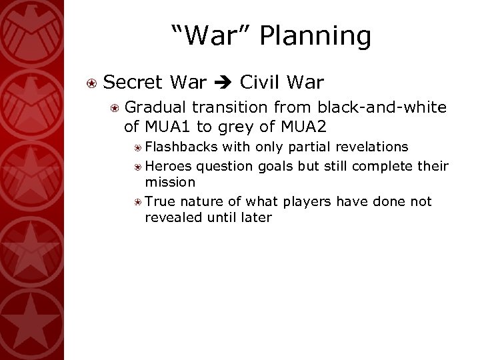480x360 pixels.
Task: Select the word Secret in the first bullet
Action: [x=135, y=83]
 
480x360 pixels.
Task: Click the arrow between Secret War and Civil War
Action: [x=219, y=83]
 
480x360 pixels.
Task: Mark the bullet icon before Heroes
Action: [x=137, y=165]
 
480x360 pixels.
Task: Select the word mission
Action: [x=170, y=181]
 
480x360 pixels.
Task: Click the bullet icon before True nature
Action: [x=137, y=201]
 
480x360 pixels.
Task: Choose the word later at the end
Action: [x=255, y=217]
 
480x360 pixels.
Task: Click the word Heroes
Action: [x=167, y=164]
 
